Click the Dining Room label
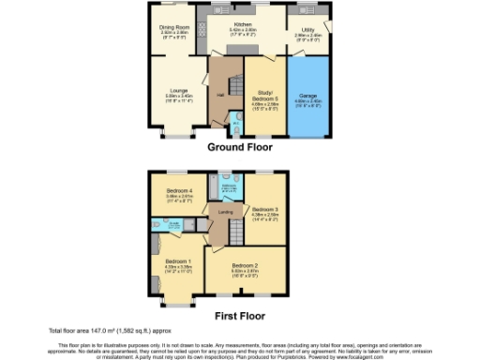(175, 28)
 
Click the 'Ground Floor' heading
(239, 147)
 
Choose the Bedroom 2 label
(245, 265)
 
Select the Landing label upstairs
(225, 213)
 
